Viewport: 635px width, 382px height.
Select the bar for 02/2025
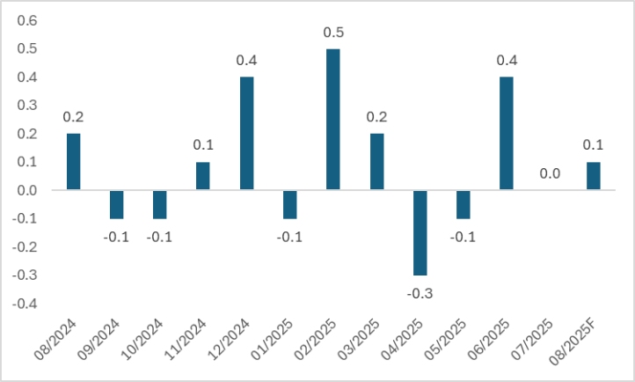(x=332, y=119)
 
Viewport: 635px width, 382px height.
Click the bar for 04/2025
(x=420, y=232)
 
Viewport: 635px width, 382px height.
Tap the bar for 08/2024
(x=73, y=161)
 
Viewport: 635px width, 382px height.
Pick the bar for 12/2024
(x=246, y=133)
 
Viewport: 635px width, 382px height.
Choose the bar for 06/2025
(x=507, y=133)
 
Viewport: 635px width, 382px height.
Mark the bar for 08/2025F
(x=593, y=175)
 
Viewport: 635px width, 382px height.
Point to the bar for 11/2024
(x=203, y=175)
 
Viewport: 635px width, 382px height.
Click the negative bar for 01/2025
(x=289, y=204)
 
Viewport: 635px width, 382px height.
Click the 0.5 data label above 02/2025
(x=333, y=33)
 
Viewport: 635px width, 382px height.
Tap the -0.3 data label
(x=420, y=292)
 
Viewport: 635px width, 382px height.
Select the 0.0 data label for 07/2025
(x=550, y=174)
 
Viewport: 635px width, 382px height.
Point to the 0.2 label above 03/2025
(x=376, y=117)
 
